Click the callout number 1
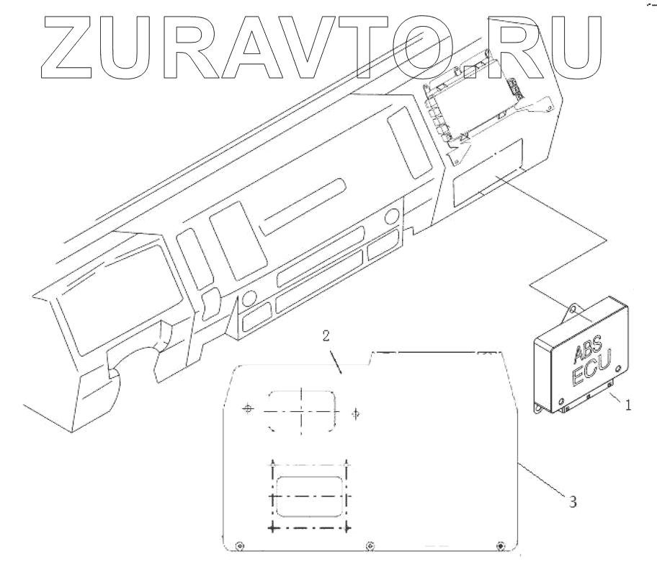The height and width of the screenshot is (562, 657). point(627,405)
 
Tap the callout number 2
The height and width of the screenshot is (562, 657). point(326,335)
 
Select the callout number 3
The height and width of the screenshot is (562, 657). point(573,501)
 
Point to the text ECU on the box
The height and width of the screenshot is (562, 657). point(587,374)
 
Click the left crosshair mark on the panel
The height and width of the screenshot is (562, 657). point(248,408)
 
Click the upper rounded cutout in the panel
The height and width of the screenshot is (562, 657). point(303,410)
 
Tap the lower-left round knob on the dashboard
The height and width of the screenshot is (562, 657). point(250,298)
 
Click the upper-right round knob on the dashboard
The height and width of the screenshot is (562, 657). point(392,216)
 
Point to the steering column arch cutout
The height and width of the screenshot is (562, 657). point(136,361)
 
